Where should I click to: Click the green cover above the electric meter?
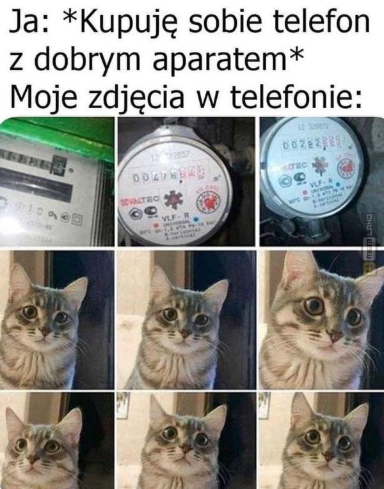click(x=58, y=136)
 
